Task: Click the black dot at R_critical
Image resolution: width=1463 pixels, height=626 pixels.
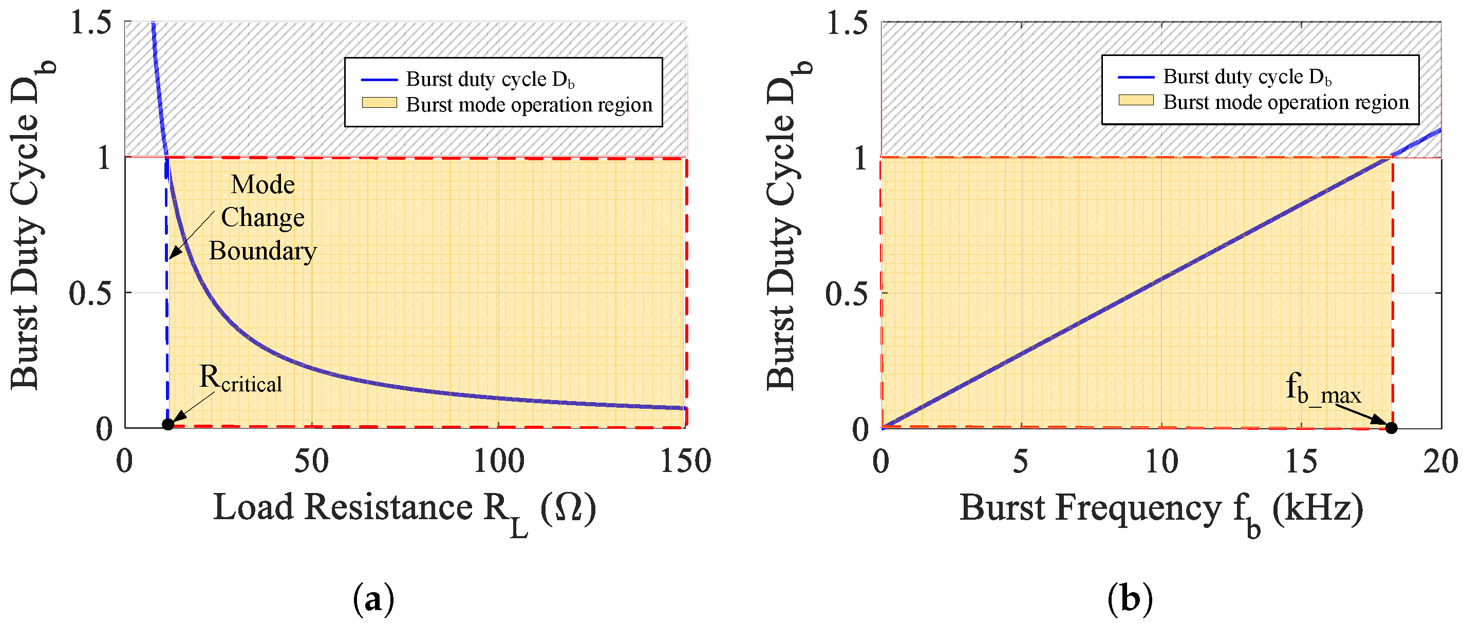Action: click(x=167, y=425)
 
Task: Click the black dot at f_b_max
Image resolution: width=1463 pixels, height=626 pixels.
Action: click(x=1391, y=428)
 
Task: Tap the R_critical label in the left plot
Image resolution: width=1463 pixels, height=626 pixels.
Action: click(x=240, y=379)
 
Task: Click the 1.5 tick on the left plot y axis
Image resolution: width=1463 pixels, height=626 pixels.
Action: click(x=91, y=24)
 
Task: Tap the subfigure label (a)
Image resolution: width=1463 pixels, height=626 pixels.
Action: click(x=373, y=599)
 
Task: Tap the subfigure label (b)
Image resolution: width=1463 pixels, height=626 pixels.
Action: click(x=1130, y=599)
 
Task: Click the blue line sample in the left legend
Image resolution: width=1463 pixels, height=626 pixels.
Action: click(x=379, y=80)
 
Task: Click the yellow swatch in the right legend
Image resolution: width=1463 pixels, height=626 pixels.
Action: click(x=1136, y=101)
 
